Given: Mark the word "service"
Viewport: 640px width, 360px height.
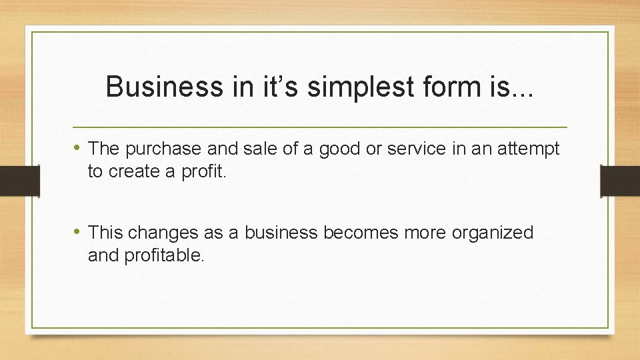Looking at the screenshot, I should tap(415, 149).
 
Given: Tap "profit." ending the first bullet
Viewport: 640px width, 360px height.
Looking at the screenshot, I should tap(205, 171).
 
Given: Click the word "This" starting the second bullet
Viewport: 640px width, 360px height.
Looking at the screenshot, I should tap(105, 233).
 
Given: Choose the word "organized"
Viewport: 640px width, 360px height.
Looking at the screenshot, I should tap(493, 233).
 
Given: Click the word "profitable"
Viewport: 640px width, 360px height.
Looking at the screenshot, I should tap(162, 255).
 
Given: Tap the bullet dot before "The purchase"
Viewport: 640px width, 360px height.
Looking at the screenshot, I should tap(79, 148).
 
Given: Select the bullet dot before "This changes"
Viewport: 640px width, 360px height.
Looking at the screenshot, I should tap(79, 232).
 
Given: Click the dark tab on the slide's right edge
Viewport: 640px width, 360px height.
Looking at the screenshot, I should tap(620, 181).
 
